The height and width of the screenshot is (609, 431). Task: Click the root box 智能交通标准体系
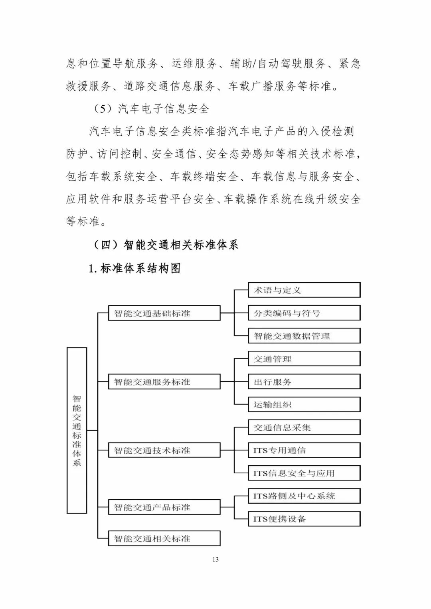pyautogui.click(x=77, y=430)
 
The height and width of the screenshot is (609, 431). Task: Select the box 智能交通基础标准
pyautogui.click(x=164, y=313)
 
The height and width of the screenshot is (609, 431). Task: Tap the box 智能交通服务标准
pyautogui.click(x=164, y=382)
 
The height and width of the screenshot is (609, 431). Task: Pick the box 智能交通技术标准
pyautogui.click(x=164, y=451)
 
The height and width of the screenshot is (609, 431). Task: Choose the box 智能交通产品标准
pyautogui.click(x=164, y=507)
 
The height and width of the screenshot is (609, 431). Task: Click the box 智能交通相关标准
pyautogui.click(x=164, y=538)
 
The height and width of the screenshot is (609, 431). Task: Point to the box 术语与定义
pyautogui.click(x=304, y=290)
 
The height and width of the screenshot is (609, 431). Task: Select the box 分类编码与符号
pyautogui.click(x=304, y=313)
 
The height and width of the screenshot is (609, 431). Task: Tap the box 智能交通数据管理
pyautogui.click(x=304, y=336)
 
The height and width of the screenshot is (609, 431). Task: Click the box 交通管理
pyautogui.click(x=304, y=359)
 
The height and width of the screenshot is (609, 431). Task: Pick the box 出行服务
pyautogui.click(x=304, y=382)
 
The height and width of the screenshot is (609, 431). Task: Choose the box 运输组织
pyautogui.click(x=304, y=405)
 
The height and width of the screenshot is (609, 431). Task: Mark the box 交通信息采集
pyautogui.click(x=304, y=427)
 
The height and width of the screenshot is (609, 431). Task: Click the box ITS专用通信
pyautogui.click(x=304, y=451)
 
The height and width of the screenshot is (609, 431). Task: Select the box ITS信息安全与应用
pyautogui.click(x=304, y=473)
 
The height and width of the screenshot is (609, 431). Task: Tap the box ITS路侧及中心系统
pyautogui.click(x=304, y=496)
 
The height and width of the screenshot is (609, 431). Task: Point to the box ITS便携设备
pyautogui.click(x=304, y=519)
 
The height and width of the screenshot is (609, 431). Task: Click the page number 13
pyautogui.click(x=215, y=560)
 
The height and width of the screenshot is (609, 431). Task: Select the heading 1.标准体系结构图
pyautogui.click(x=134, y=268)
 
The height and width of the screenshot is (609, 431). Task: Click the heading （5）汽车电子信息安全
pyautogui.click(x=151, y=109)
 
